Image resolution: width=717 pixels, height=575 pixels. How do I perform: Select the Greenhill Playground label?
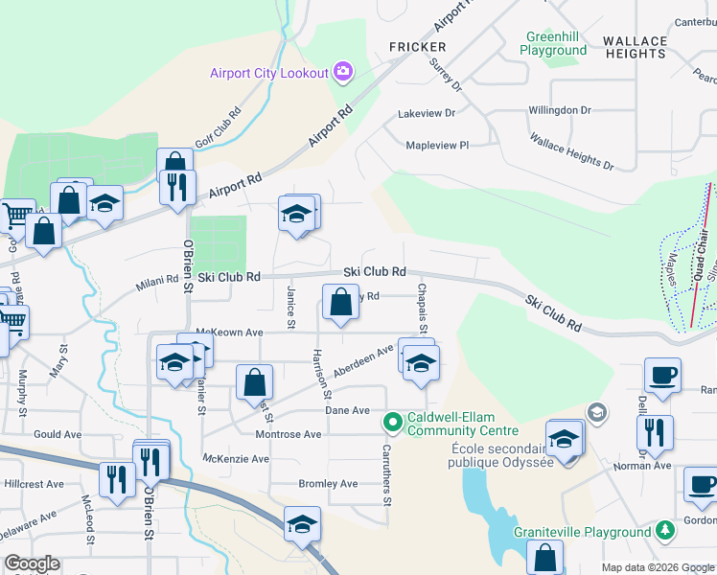click(x=554, y=43)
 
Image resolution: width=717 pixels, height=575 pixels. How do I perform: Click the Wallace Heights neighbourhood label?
click(x=635, y=47)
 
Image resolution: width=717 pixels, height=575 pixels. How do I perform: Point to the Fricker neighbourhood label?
click(x=417, y=47)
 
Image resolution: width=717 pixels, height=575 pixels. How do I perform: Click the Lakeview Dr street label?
click(x=427, y=113)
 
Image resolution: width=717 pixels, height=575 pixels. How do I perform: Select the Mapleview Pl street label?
click(x=437, y=146)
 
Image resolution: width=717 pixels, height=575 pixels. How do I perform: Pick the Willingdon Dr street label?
click(x=560, y=110)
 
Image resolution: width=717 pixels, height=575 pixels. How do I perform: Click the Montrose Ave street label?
click(x=288, y=434)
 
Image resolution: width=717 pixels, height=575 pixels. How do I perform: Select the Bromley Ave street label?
click(x=328, y=484)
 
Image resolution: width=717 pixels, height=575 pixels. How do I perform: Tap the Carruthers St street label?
click(x=387, y=479)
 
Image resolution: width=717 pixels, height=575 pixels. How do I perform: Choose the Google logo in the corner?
click(x=32, y=563)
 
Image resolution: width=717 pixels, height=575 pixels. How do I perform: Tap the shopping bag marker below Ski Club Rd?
click(x=340, y=304)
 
